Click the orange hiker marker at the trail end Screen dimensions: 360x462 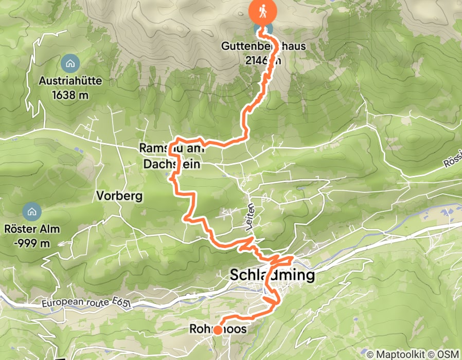click(262, 11)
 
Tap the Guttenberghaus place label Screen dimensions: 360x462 click(263, 46)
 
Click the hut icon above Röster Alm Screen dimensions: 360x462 click(32, 210)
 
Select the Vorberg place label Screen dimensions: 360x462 click(119, 195)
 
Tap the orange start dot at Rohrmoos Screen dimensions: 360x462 click(218, 330)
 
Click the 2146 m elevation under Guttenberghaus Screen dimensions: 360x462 click(263, 60)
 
